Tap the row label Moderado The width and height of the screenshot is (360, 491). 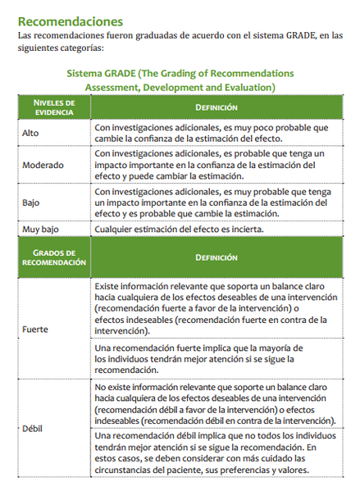43,165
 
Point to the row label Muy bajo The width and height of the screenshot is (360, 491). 41,229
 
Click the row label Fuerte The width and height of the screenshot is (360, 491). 35,329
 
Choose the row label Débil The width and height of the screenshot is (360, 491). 32,429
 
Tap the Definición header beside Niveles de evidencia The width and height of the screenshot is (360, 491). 216,107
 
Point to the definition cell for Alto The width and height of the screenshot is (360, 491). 211,131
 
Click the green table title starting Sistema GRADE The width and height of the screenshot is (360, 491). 180,80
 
